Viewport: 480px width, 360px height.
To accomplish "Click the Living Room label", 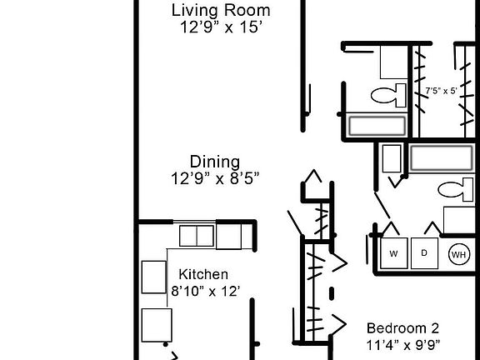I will tap(221, 11).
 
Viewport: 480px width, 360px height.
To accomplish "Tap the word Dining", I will tap(215, 162).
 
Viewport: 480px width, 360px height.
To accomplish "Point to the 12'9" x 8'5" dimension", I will tap(216, 177).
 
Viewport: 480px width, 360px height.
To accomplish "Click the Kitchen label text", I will tap(203, 274).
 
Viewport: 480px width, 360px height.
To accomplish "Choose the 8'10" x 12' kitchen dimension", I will tap(206, 291).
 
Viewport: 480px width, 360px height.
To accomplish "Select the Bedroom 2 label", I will tap(402, 327).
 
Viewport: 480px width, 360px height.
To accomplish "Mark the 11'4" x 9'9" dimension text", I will tap(403, 344).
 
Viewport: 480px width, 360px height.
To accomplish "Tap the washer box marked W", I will tap(393, 253).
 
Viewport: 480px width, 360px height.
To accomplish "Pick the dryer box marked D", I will tap(423, 253).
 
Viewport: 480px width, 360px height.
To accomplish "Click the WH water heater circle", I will tap(458, 254).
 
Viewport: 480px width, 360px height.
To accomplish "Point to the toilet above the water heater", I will tap(454, 190).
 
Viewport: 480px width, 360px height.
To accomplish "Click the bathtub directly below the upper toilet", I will tap(377, 126).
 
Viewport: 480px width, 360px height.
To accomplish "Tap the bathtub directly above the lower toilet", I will tap(443, 157).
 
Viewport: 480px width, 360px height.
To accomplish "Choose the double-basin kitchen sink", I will tap(197, 237).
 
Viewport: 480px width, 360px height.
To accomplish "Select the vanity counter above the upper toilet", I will tap(392, 62).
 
